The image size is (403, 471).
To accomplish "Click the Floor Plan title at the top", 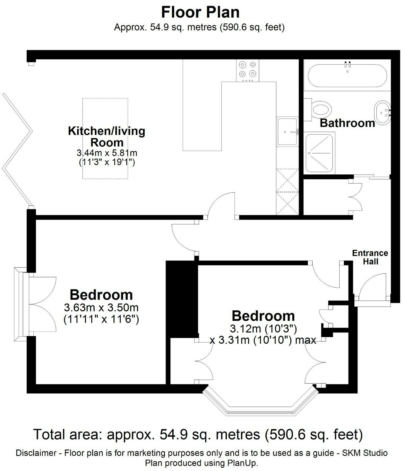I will point(200,12).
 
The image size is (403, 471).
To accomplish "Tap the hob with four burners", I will point(247,71).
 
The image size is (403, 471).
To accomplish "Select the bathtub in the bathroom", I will point(347,76).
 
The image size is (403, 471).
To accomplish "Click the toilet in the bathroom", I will point(321,109).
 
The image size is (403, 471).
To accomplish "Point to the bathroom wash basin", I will point(382,112).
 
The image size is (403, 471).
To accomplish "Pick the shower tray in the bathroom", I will point(320,153).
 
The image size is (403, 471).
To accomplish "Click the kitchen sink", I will point(287,132).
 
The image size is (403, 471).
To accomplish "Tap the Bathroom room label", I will point(347,123).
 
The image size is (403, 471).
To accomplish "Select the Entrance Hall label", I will point(370,257).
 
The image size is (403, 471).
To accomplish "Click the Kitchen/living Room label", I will point(107,137).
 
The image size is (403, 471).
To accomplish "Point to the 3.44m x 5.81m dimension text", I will point(107,153).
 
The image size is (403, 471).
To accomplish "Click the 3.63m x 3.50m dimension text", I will point(101,308).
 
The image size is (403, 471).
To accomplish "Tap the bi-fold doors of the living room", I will point(18,149).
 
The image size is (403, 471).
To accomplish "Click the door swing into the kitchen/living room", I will point(221,206).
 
